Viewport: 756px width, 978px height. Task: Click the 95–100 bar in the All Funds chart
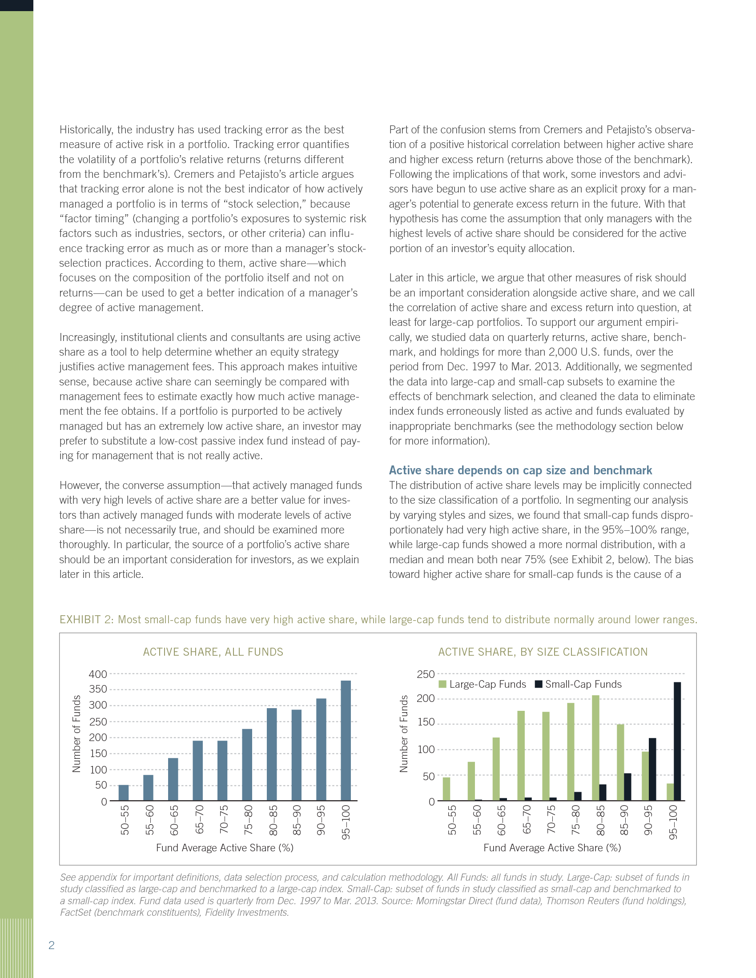[346, 741]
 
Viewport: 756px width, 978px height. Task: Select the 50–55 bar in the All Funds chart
[124, 793]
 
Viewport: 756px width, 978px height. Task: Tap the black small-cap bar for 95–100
[677, 742]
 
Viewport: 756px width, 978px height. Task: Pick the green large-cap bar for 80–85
[595, 748]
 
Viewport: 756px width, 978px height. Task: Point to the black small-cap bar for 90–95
[652, 770]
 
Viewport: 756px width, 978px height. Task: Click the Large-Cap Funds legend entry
[483, 684]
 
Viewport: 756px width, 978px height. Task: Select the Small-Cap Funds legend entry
[579, 684]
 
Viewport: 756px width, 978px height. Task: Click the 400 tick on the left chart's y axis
[98, 674]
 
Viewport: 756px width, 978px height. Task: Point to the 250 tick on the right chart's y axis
[426, 674]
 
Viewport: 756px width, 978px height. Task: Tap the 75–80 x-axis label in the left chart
[249, 820]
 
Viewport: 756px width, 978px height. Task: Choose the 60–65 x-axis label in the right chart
[502, 820]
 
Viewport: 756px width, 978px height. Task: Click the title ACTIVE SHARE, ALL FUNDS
[213, 652]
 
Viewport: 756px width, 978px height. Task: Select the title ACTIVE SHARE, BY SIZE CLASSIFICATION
[543, 652]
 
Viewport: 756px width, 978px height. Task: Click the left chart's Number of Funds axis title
[76, 734]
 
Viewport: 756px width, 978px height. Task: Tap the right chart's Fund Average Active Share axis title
[552, 848]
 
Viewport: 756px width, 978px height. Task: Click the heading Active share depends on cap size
[520, 470]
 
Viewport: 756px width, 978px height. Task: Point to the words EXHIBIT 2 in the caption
[86, 620]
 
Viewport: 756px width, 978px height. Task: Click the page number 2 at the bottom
[52, 945]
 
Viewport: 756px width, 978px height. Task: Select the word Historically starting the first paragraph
[85, 130]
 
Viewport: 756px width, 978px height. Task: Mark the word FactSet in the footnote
[76, 912]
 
